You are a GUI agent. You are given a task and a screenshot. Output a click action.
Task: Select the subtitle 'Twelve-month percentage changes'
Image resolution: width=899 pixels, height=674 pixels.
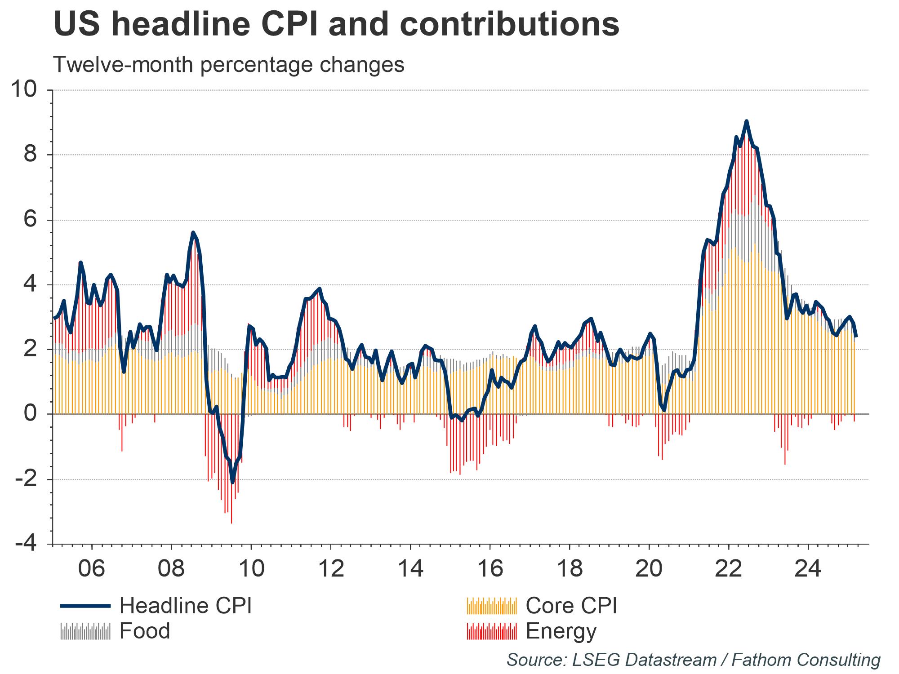(x=229, y=65)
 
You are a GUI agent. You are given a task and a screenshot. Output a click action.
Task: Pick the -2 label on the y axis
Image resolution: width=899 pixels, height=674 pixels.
(x=26, y=479)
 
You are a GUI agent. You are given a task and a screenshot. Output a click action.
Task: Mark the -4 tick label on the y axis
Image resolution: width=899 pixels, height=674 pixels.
(x=26, y=544)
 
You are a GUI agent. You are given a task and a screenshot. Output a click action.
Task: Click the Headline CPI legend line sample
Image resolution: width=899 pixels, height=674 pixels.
(x=85, y=606)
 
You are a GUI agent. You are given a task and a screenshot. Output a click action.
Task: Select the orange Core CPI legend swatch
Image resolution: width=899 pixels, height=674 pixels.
(x=492, y=606)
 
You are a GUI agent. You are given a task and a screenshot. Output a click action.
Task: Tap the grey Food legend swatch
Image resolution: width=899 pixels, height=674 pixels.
(x=85, y=631)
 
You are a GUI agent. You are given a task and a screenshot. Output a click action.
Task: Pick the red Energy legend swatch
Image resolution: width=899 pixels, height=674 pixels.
(x=492, y=631)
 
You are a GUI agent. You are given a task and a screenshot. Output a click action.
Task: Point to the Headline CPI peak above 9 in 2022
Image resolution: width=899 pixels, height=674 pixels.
(x=746, y=121)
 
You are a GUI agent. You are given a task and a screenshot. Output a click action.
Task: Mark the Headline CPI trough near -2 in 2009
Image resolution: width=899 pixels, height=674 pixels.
(x=232, y=482)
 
